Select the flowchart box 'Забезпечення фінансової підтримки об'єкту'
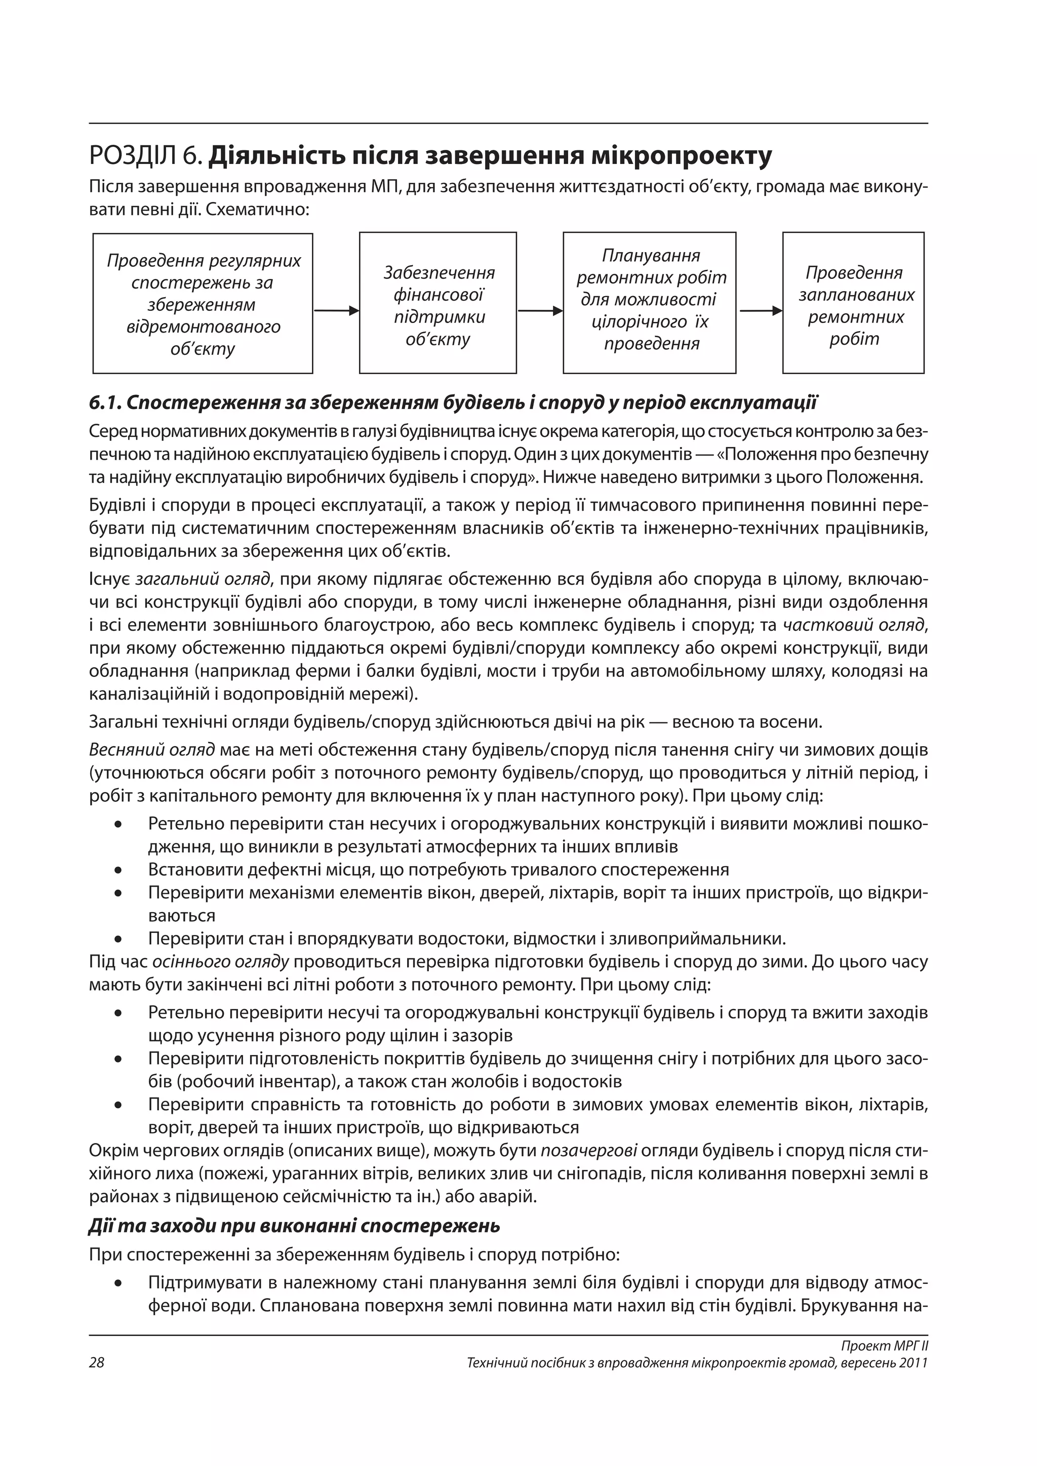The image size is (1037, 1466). tap(437, 303)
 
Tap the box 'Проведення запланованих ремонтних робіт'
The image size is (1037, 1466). tap(853, 303)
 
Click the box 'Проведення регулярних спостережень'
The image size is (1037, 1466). tap(203, 304)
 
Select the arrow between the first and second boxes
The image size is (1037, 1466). tap(336, 311)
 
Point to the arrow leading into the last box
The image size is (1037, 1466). tap(760, 311)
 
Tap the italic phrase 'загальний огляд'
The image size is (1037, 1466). tap(203, 579)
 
